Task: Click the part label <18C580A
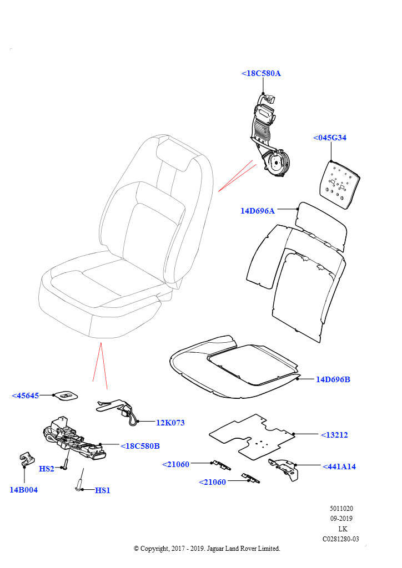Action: coord(261,73)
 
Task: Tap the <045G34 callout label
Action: coord(330,138)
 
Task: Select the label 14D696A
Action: coord(258,211)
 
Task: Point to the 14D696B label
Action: coord(333,379)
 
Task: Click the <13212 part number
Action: coord(334,435)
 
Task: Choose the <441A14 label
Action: coord(339,466)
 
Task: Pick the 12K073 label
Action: coord(170,423)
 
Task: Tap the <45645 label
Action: coord(26,395)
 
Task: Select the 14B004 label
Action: coord(24,490)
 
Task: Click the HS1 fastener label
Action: coord(103,490)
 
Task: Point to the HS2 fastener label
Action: coord(47,469)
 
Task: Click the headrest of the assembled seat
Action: coord(174,154)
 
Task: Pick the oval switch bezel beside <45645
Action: coord(65,395)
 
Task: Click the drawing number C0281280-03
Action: coord(340,539)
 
